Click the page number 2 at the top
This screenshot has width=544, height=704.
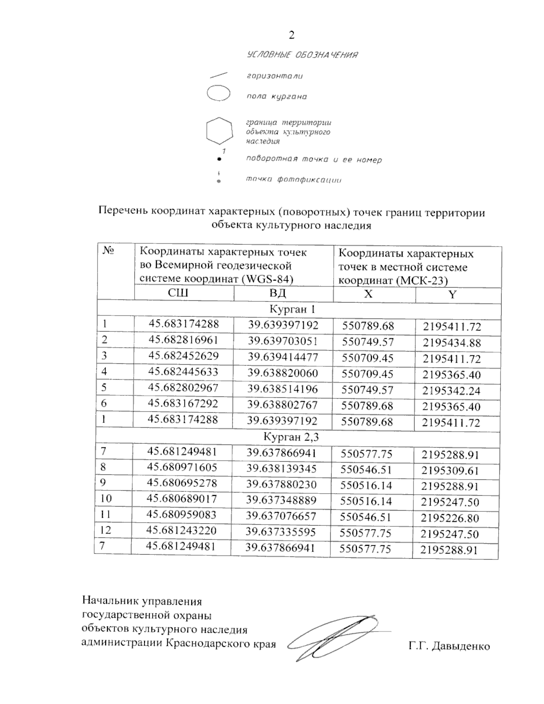point(291,35)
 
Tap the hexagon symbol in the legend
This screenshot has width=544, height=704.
point(219,131)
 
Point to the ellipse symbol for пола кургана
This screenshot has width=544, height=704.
point(219,93)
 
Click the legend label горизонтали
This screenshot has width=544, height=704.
point(274,76)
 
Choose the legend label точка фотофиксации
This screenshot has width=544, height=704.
point(293,180)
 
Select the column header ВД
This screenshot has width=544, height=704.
point(278,293)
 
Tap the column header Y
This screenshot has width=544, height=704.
point(452,295)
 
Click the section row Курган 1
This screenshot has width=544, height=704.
point(292,309)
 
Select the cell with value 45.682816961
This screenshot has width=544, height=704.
point(184,340)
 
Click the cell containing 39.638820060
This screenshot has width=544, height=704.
point(283,373)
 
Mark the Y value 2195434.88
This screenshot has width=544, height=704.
point(452,343)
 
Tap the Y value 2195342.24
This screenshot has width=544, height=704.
point(451,391)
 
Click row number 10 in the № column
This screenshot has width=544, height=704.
point(106,499)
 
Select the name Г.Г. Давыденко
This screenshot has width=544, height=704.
point(449,646)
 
